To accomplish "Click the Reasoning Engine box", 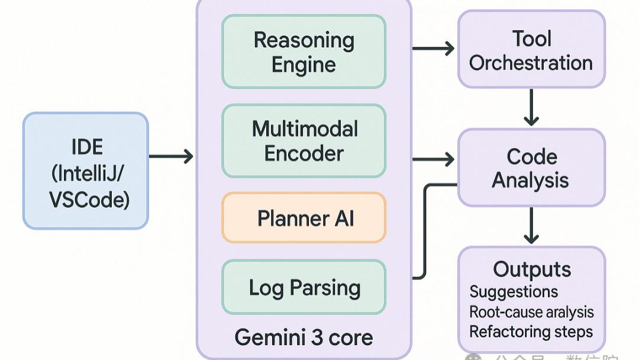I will coord(304,52).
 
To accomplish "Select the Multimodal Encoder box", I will coord(304,141).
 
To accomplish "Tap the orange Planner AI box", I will coord(304,217).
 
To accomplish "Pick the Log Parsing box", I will coord(304,288).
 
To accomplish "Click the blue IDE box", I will coord(86,171).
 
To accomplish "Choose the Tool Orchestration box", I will coord(531,50).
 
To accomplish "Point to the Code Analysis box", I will coord(531,168).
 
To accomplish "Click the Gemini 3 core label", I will coord(304,337).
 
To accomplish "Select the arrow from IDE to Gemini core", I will coord(171,156).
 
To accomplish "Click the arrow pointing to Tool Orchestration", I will coord(433,48).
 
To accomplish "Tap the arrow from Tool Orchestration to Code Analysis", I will coord(531,107).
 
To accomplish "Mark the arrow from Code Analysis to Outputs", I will coord(531,225).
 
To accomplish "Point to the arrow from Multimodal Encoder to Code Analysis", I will coord(433,159).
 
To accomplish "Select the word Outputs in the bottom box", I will coord(531,269).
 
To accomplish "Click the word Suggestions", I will coord(514,292).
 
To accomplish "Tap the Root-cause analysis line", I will coord(531,312).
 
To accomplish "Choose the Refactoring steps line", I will coord(531,332).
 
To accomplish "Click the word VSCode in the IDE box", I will coord(89,200).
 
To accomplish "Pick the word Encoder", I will coord(304,153).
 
